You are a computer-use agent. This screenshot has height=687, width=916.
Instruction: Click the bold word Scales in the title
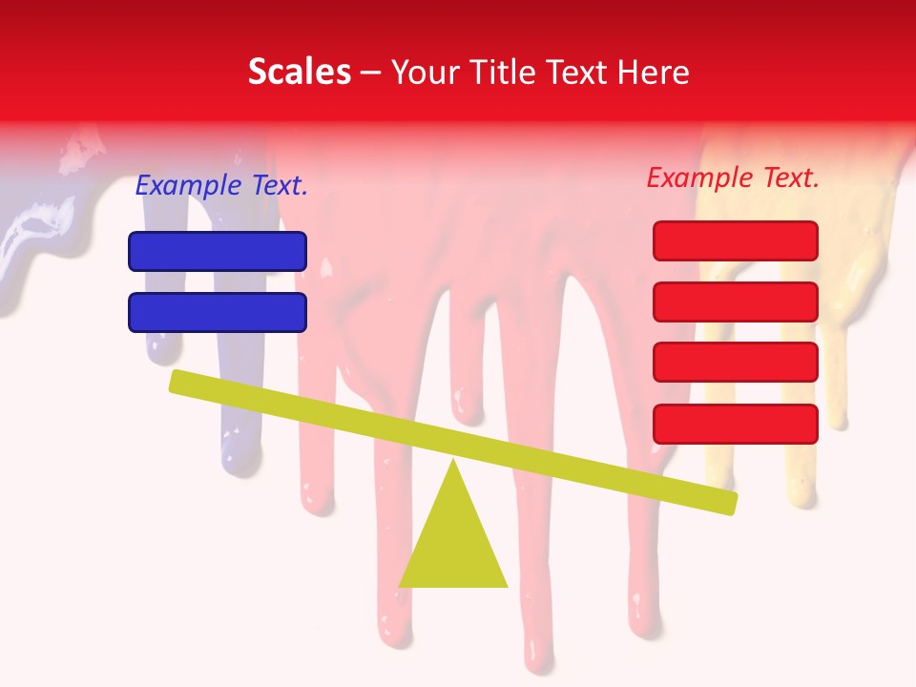[x=300, y=72]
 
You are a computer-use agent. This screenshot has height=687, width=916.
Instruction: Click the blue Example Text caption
[x=221, y=186]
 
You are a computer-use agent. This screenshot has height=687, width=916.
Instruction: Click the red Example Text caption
[x=733, y=177]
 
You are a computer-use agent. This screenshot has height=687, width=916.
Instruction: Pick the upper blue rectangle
[x=218, y=251]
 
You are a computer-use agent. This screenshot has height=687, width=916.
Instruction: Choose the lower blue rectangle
[x=218, y=312]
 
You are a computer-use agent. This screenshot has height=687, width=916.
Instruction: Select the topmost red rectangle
[x=736, y=240]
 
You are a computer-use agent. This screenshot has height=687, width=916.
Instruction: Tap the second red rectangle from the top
[x=736, y=302]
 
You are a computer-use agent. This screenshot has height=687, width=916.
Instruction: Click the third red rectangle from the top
[x=736, y=363]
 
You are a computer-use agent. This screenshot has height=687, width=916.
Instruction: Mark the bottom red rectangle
[x=736, y=424]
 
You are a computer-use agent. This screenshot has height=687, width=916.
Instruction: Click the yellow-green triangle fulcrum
[x=453, y=544]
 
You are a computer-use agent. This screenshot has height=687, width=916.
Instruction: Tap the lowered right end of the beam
[x=729, y=502]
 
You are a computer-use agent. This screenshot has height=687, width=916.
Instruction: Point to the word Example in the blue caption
[x=189, y=186]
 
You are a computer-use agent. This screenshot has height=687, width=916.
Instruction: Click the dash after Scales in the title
[x=371, y=73]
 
